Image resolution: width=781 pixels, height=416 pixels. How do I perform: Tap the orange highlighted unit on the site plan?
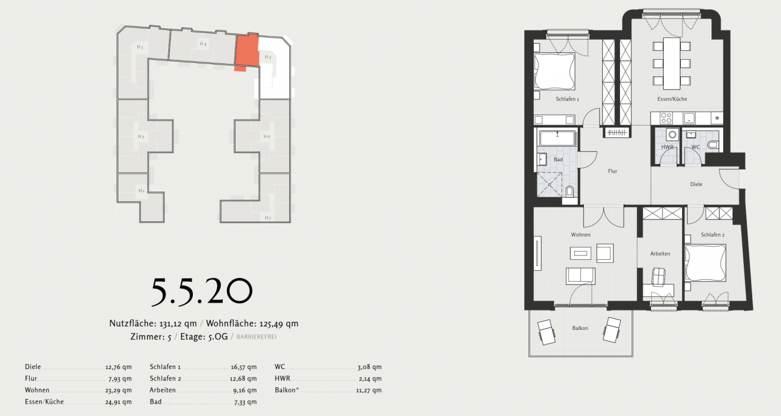(x=246, y=51)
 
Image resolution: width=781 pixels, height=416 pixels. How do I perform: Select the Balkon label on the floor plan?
(x=580, y=328)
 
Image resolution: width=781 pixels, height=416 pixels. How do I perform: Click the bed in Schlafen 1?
(x=555, y=72)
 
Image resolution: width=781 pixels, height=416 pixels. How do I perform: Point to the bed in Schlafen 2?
(x=705, y=262)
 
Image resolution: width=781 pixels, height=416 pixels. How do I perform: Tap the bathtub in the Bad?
(x=557, y=138)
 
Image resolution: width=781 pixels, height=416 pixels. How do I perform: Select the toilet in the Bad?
(x=570, y=192)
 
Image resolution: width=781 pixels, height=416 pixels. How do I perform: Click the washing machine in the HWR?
(x=672, y=135)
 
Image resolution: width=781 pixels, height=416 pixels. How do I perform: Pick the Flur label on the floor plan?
(x=612, y=171)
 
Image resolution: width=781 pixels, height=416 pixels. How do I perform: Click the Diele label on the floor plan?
(x=696, y=184)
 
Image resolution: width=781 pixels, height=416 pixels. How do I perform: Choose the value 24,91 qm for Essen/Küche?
(x=118, y=403)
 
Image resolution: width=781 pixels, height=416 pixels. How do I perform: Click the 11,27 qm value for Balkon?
(x=368, y=390)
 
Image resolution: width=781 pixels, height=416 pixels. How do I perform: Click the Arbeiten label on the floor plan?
(x=660, y=254)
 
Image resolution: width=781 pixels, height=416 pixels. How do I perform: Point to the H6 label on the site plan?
(x=267, y=136)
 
